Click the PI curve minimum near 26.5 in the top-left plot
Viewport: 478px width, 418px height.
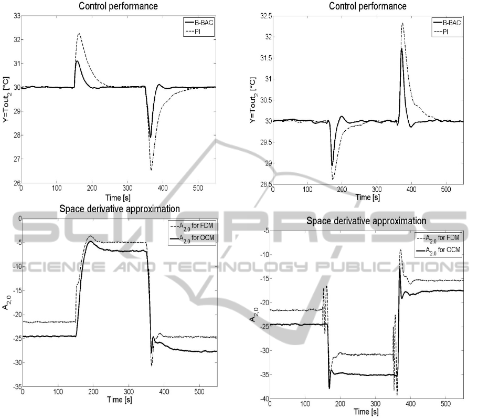(x=151, y=170)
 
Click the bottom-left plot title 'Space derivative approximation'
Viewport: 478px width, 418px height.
(x=120, y=208)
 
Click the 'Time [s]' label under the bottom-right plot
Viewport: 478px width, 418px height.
(x=365, y=413)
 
